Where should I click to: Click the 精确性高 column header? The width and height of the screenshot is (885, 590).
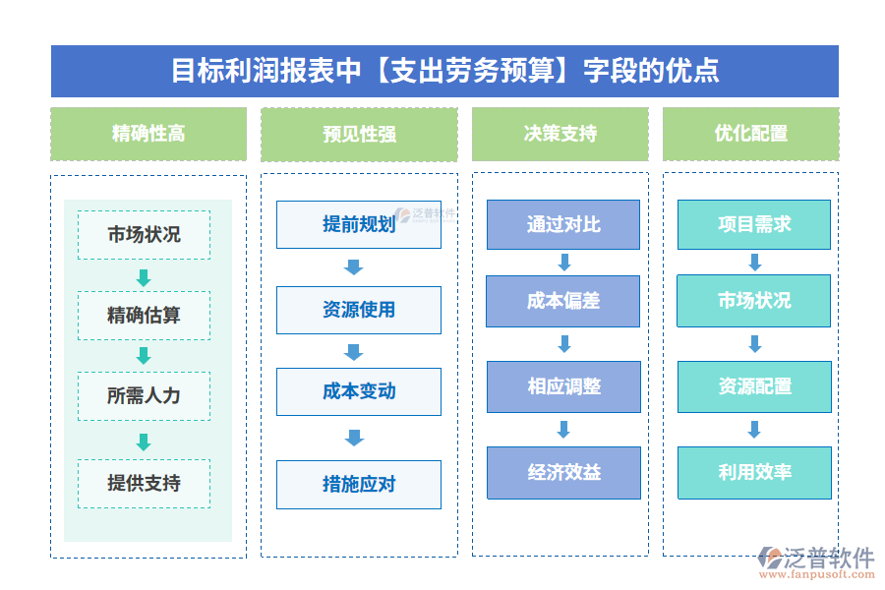pyautogui.click(x=148, y=134)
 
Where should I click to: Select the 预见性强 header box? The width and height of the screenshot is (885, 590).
pyautogui.click(x=359, y=134)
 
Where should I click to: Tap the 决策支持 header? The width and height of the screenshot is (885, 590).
pyautogui.click(x=560, y=134)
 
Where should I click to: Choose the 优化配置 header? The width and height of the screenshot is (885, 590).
pyautogui.click(x=750, y=134)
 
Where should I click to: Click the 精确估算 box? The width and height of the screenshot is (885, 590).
pyautogui.click(x=144, y=316)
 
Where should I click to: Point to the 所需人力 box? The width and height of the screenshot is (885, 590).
pyautogui.click(x=144, y=396)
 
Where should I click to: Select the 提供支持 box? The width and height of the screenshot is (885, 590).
pyautogui.click(x=144, y=483)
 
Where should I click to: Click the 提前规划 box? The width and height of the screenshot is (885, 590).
pyautogui.click(x=359, y=224)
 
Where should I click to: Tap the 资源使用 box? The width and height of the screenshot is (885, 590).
pyautogui.click(x=359, y=310)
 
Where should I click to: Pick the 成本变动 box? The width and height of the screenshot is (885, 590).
pyautogui.click(x=359, y=391)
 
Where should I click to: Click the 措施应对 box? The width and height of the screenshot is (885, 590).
pyautogui.click(x=359, y=484)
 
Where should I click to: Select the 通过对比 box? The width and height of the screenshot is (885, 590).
pyautogui.click(x=563, y=224)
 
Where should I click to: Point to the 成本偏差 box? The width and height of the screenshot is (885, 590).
pyautogui.click(x=563, y=301)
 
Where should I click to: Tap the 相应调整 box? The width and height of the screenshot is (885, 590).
pyautogui.click(x=563, y=386)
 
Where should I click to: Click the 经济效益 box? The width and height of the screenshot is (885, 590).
pyautogui.click(x=563, y=472)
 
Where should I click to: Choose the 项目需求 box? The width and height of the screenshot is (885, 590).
pyautogui.click(x=754, y=224)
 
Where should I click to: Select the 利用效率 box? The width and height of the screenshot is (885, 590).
pyautogui.click(x=754, y=472)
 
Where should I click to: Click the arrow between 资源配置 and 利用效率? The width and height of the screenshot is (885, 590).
pyautogui.click(x=754, y=430)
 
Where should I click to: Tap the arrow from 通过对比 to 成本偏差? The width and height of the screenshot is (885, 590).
pyautogui.click(x=564, y=263)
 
